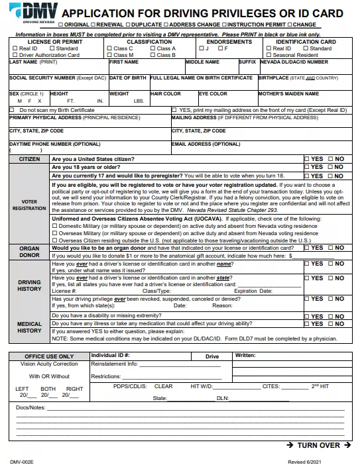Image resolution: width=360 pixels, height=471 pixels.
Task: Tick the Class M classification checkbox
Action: click(x=110, y=55)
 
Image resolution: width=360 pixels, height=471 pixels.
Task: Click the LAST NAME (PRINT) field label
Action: click(x=34, y=62)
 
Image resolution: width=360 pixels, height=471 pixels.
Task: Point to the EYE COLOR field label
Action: click(x=213, y=94)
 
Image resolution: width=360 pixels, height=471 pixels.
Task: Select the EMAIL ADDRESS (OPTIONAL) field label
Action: click(x=206, y=144)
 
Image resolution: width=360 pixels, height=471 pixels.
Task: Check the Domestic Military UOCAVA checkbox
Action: click(x=54, y=226)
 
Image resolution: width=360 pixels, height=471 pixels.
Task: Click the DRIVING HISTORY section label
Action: click(x=29, y=286)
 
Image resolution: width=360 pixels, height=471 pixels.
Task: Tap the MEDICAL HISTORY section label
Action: click(x=29, y=327)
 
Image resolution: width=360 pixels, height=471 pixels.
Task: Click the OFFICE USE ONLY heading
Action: click(x=49, y=356)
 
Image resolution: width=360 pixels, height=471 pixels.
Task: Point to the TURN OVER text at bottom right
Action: click(x=318, y=445)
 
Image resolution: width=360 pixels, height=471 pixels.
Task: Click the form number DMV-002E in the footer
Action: click(x=22, y=462)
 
